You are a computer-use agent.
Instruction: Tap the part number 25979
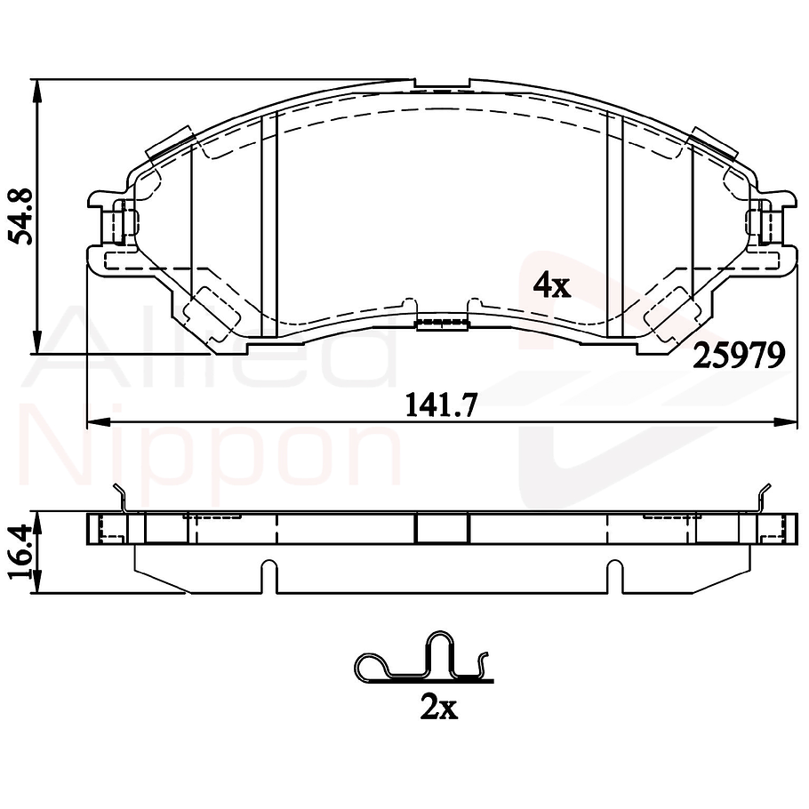point(739,356)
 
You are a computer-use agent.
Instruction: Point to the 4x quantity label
point(550,284)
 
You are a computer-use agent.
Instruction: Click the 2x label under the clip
point(438,708)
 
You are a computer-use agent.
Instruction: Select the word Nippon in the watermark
point(213,453)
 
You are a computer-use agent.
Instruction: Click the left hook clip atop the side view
point(123,498)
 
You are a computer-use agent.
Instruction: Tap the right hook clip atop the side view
point(762,498)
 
